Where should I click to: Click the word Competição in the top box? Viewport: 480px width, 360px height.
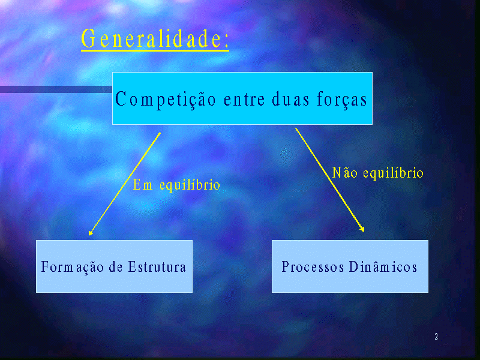tap(166, 100)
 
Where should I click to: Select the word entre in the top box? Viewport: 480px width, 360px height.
tap(244, 100)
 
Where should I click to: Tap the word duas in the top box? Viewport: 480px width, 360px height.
tap(290, 99)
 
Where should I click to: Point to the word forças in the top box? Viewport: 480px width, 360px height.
tap(342, 100)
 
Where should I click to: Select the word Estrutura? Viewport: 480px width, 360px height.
tap(157, 266)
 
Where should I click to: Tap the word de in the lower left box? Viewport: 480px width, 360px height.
tap(116, 266)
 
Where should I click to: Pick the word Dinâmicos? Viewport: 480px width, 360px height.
tap(383, 266)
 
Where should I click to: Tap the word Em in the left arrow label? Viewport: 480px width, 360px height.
tap(143, 185)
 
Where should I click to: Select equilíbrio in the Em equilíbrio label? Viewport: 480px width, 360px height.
tap(190, 185)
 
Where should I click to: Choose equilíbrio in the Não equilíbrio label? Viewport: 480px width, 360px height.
tap(394, 173)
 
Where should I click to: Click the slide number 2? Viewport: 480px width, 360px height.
tap(436, 337)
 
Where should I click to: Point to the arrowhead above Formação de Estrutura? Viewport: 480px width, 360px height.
tap(91, 233)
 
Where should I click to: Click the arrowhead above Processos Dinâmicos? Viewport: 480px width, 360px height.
tap(362, 229)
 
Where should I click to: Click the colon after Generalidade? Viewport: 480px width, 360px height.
tap(227, 41)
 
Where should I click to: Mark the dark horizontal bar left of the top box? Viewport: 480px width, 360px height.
tap(56, 89)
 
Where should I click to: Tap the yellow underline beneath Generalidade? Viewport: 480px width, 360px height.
tap(155, 50)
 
